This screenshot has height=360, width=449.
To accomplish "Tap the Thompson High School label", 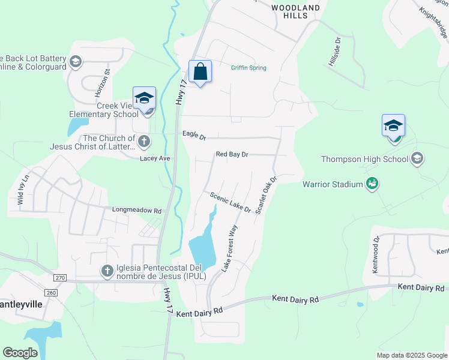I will pyautogui.click(x=364, y=159).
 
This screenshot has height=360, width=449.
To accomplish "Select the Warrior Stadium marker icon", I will pyautogui.click(x=372, y=184).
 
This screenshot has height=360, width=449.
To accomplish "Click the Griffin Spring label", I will pyautogui.click(x=249, y=68).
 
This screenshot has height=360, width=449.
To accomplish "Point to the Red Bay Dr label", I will pyautogui.click(x=232, y=155).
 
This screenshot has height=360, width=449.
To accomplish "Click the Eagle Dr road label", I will pyautogui.click(x=194, y=136).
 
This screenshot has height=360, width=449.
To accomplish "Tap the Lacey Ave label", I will pyautogui.click(x=155, y=158).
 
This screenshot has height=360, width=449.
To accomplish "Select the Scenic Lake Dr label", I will pyautogui.click(x=231, y=202).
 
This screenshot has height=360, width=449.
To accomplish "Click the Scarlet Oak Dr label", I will pyautogui.click(x=265, y=195).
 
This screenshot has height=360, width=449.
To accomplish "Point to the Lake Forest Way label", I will pyautogui.click(x=229, y=248).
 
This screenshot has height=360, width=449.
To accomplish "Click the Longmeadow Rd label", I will pyautogui.click(x=137, y=211).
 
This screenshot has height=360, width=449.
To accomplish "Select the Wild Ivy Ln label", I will pyautogui.click(x=23, y=191).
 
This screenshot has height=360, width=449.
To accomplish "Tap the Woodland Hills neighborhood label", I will pyautogui.click(x=295, y=11).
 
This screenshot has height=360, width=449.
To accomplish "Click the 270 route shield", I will pyautogui.click(x=59, y=278).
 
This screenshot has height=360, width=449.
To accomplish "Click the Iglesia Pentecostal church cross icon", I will pyautogui.click(x=107, y=271).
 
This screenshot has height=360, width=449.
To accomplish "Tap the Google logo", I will pyautogui.click(x=20, y=353).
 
